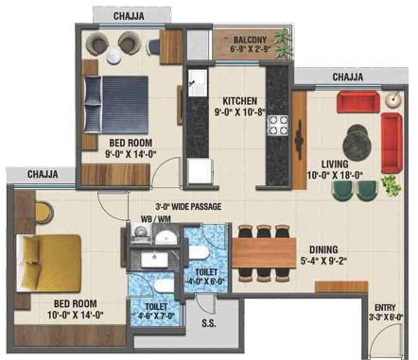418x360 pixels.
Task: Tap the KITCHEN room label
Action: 242,101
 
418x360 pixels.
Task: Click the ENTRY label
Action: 385,308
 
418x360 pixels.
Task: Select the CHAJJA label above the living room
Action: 351,77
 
